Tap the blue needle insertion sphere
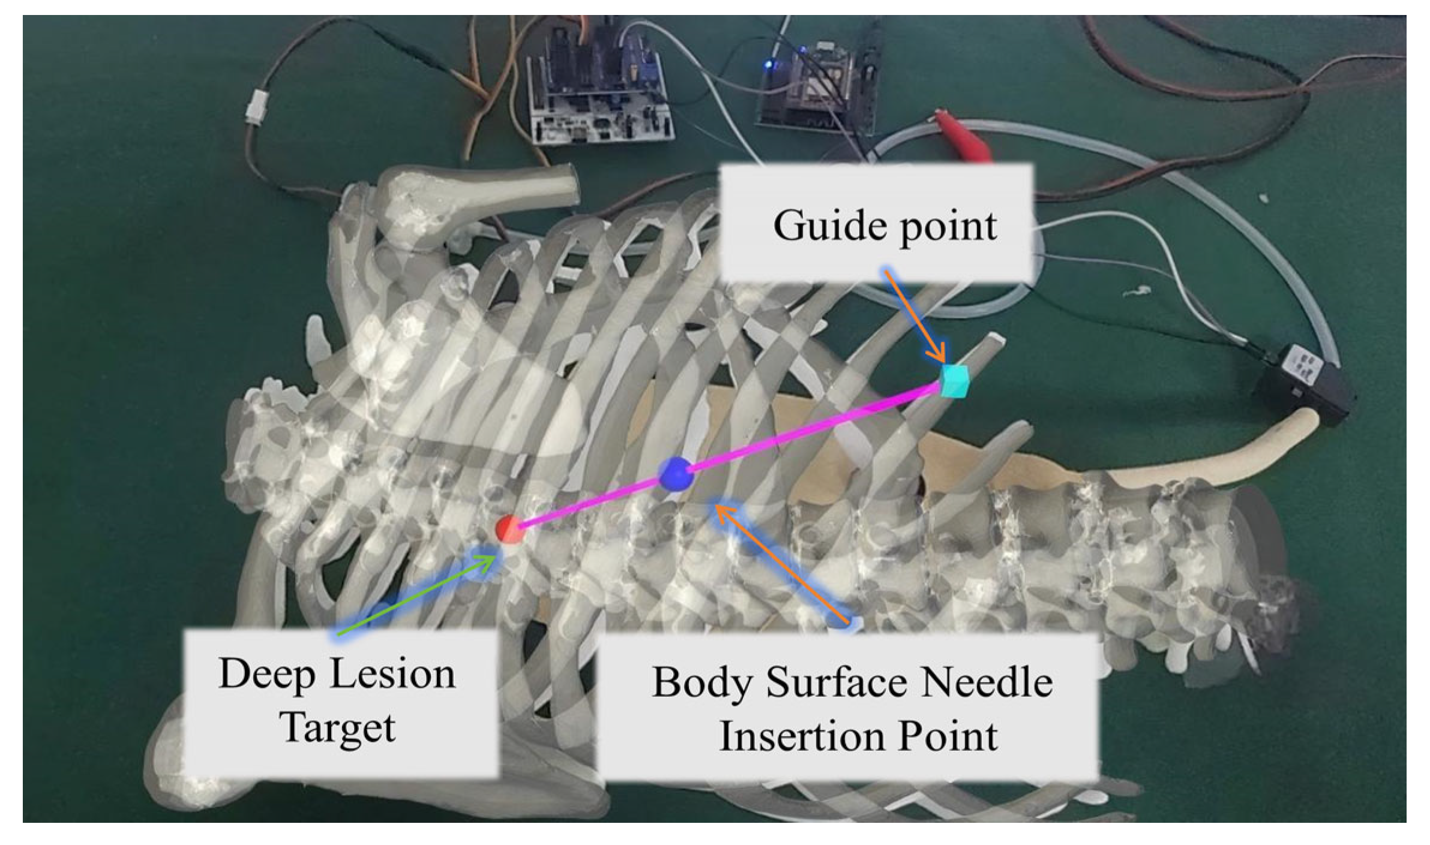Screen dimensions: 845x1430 [676, 474]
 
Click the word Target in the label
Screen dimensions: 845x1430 [338, 728]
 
